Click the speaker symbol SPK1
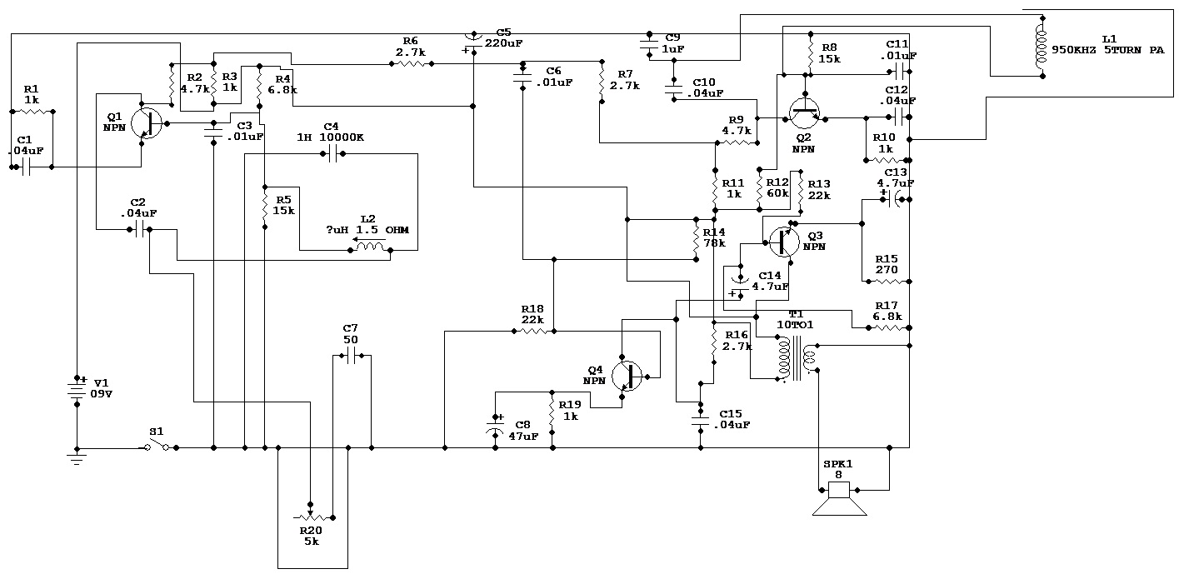tap(838, 500)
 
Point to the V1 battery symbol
tap(77, 390)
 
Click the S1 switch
tap(157, 447)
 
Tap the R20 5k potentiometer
tap(310, 517)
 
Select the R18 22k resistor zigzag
tap(532, 331)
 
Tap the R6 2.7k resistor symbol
tap(411, 62)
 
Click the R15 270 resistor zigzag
tap(886, 282)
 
